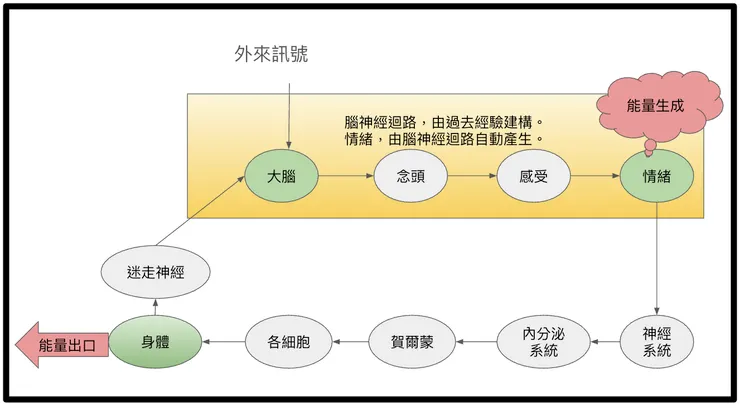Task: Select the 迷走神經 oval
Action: [x=148, y=272]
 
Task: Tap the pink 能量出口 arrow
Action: [x=62, y=345]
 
